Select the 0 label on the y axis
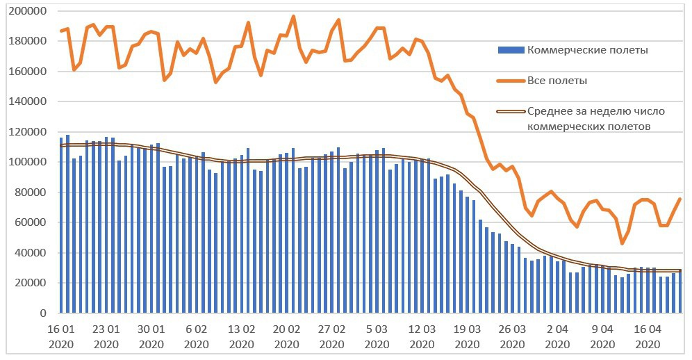tap(42, 313)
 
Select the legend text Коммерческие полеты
tap(588, 50)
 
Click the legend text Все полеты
tap(557, 81)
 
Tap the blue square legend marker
tap(511, 50)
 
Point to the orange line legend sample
tap(511, 81)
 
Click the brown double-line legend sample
tap(511, 111)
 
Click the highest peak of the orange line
tap(293, 16)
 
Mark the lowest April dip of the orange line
tap(622, 243)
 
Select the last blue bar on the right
tap(679, 292)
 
